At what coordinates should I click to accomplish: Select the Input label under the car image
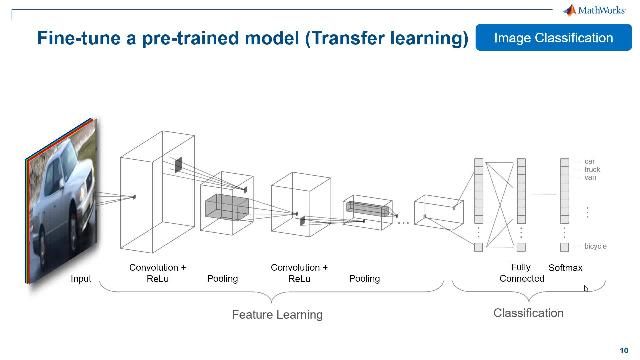[81, 279]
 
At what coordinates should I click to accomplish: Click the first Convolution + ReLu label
[158, 273]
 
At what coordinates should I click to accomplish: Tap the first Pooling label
[222, 279]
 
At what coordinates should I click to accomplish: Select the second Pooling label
[364, 279]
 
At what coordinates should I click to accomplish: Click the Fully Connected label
[521, 273]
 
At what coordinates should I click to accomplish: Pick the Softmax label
[565, 268]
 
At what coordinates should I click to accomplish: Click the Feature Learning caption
[277, 315]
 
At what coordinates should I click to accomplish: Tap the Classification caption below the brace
[528, 313]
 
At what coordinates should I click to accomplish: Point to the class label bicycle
[595, 245]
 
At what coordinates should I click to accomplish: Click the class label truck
[591, 169]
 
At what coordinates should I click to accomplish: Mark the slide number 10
[622, 350]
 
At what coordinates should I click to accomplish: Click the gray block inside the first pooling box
[225, 207]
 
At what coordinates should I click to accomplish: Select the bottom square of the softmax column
[565, 246]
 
